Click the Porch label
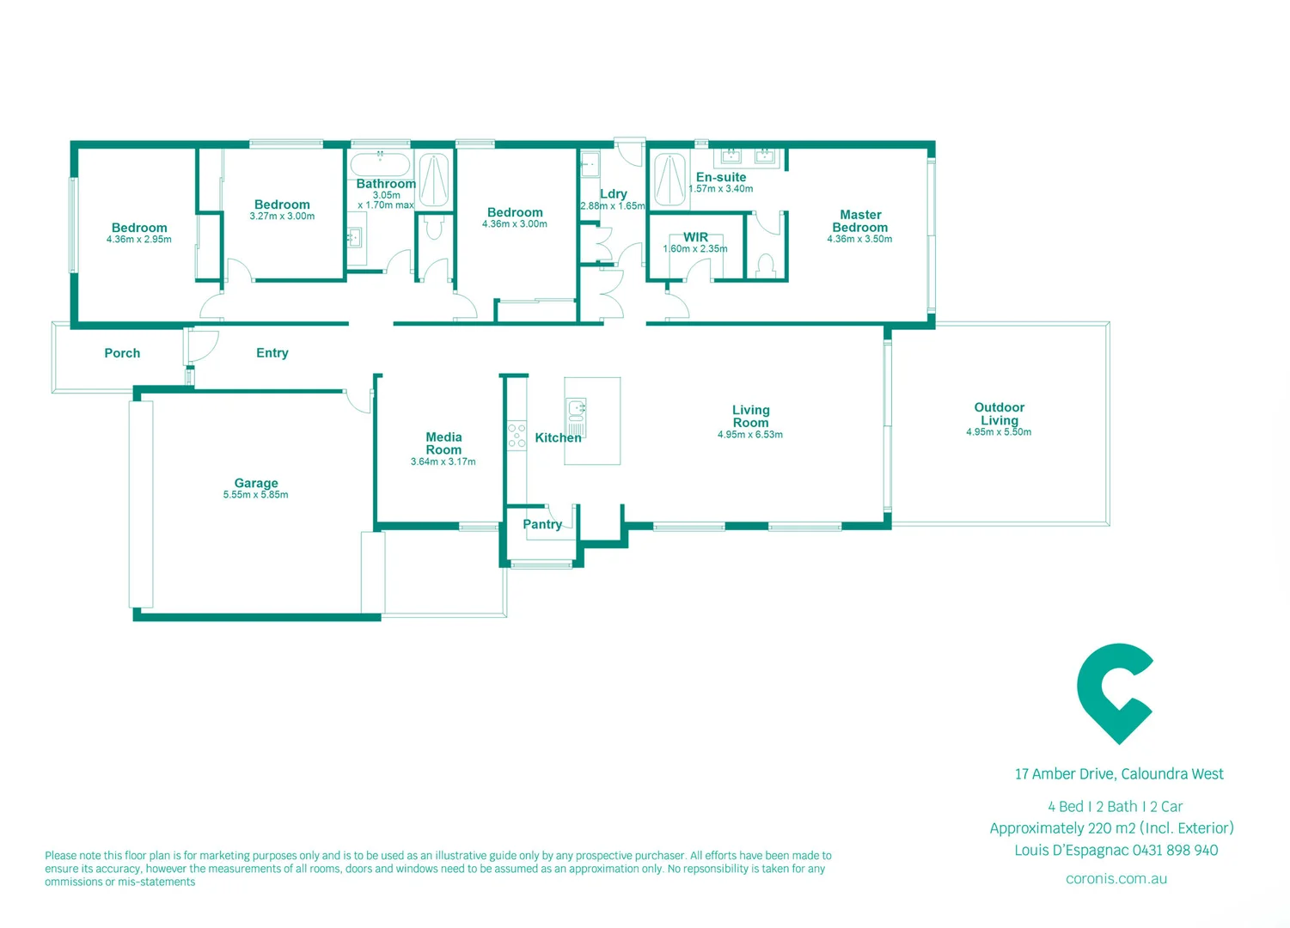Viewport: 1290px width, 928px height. (122, 353)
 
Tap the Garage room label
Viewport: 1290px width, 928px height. (256, 483)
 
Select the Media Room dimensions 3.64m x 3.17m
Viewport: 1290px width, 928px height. (443, 462)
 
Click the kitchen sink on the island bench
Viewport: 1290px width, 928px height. (576, 406)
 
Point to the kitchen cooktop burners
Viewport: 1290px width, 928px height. (517, 436)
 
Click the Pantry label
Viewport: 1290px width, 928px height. (542, 524)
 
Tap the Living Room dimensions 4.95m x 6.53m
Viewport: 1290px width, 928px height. (749, 435)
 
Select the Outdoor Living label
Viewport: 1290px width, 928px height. (999, 413)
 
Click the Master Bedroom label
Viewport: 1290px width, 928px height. (860, 221)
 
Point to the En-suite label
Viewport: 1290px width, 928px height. (721, 177)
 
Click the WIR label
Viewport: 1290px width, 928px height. (695, 237)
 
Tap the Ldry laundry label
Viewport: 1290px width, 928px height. (614, 194)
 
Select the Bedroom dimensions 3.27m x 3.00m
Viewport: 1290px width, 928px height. (282, 217)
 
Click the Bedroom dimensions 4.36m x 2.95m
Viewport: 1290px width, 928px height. (139, 240)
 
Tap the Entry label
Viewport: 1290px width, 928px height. (272, 353)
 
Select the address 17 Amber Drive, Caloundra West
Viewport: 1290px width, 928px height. (1119, 774)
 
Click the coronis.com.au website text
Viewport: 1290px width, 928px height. (1116, 879)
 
